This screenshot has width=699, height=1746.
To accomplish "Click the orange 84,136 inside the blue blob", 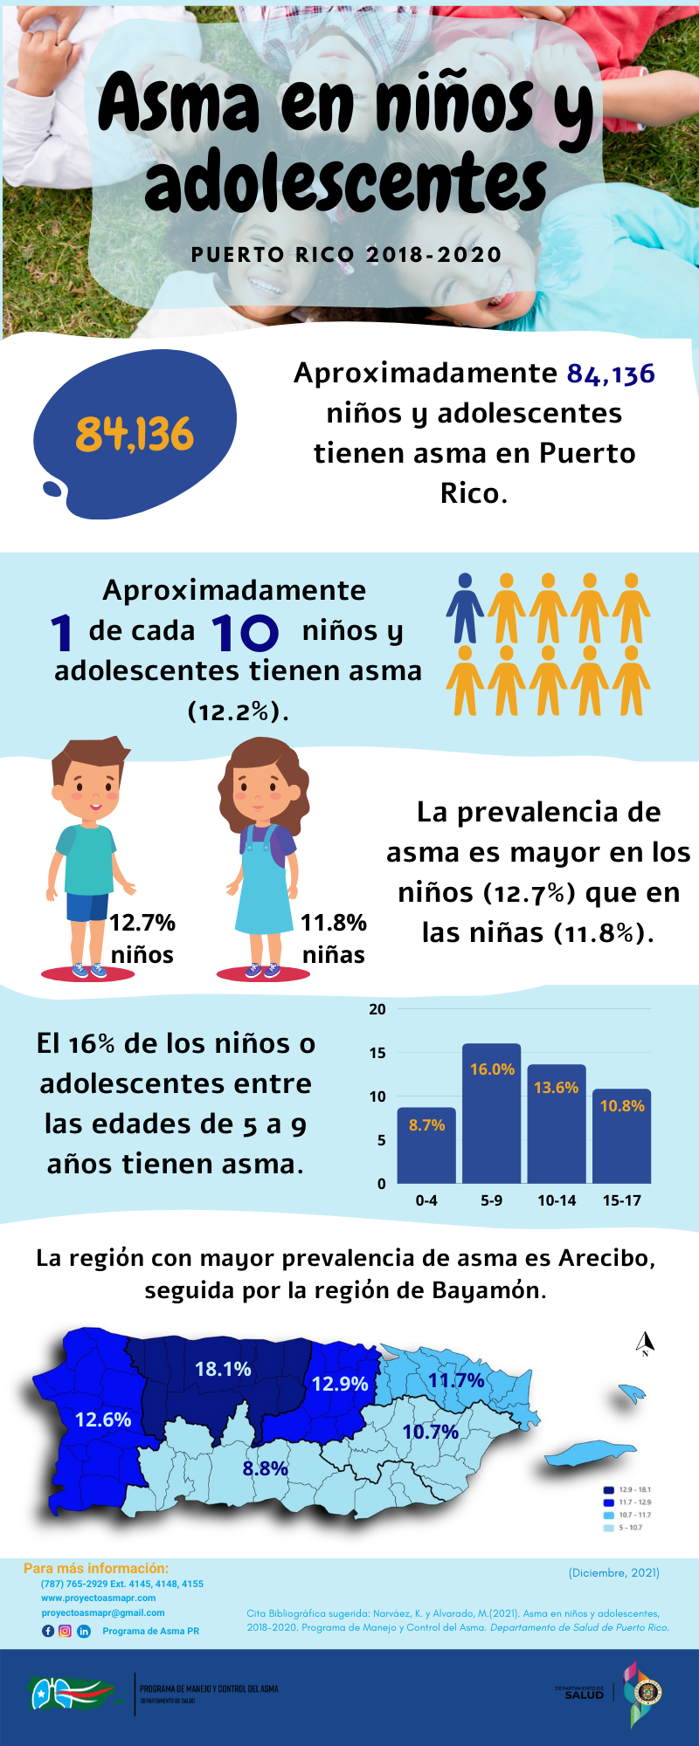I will tap(135, 434).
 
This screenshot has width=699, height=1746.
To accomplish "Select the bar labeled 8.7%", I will tap(426, 1145).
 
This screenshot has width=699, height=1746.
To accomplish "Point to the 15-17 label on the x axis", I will tap(621, 1200).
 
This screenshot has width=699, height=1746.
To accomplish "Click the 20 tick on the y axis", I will tap(377, 1009).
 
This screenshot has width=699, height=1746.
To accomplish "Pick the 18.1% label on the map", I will tap(223, 1369).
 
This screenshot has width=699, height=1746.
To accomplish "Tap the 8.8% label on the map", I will tap(265, 1468).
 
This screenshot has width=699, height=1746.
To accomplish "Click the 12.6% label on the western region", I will tap(103, 1419).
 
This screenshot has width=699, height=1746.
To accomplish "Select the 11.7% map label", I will tap(456, 1380).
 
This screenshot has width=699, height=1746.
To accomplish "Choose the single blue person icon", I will tap(465, 608).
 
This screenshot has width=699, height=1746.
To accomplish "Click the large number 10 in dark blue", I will tap(245, 632).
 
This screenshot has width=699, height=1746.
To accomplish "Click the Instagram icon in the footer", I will tap(65, 1631).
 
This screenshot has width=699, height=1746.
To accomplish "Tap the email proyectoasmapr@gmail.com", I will tap(103, 1612).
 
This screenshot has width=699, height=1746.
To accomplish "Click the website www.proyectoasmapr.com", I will tap(98, 1598).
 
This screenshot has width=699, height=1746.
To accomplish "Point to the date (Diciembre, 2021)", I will tap(613, 1572).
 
